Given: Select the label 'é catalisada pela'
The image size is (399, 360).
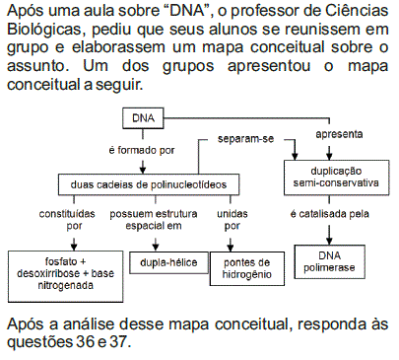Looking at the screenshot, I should (x=332, y=214).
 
